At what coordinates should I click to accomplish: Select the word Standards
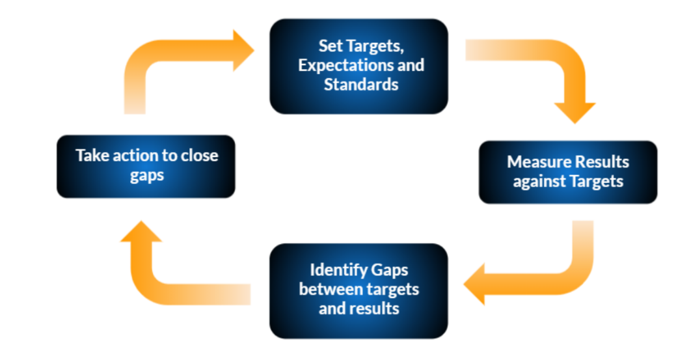pyautogui.click(x=361, y=85)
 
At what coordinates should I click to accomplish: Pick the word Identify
pyautogui.click(x=338, y=270)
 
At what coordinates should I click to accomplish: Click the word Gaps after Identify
pyautogui.click(x=390, y=270)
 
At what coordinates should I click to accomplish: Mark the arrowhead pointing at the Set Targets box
pyautogui.click(x=243, y=51)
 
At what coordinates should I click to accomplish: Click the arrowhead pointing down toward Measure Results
pyautogui.click(x=574, y=113)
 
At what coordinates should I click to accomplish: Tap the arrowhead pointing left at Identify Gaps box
pyautogui.click(x=474, y=284)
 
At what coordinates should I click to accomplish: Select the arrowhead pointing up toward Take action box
pyautogui.click(x=141, y=231)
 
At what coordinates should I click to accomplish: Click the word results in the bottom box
pyautogui.click(x=375, y=309)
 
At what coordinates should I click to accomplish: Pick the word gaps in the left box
pyautogui.click(x=147, y=176)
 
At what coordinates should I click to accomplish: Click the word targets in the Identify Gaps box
pyautogui.click(x=393, y=290)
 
